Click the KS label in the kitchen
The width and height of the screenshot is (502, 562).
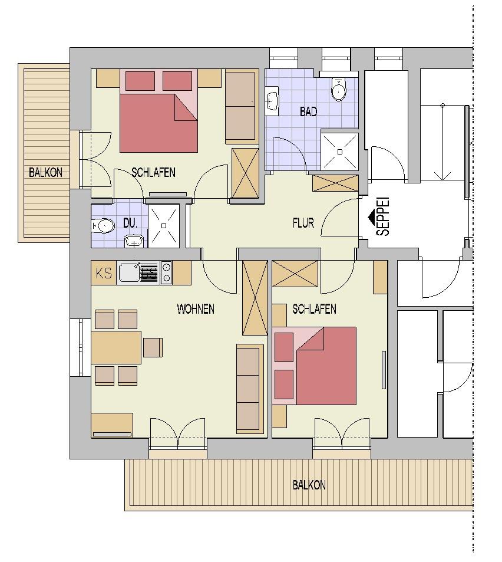tap(104, 273)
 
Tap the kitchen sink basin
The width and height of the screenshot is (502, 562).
tap(128, 273)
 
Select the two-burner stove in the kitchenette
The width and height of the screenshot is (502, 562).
tap(166, 273)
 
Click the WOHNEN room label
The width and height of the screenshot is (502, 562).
tap(196, 309)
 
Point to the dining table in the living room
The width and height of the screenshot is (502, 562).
tap(116, 347)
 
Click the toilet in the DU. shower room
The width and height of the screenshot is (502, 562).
tap(104, 226)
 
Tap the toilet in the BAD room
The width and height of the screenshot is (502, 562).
tap(338, 89)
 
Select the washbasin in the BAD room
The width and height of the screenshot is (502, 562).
tap(272, 101)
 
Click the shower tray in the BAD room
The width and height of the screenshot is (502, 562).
tap(339, 152)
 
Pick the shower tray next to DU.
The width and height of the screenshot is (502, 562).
tap(164, 226)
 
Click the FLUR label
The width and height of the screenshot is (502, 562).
tap(303, 224)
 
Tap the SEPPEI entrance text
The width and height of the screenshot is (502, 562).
tap(383, 217)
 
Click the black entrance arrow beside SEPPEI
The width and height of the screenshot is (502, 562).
tap(373, 216)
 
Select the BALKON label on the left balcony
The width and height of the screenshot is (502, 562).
tap(45, 173)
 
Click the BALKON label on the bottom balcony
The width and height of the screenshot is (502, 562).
tap(309, 485)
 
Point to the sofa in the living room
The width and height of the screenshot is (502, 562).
tap(250, 389)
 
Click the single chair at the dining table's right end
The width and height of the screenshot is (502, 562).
tap(153, 347)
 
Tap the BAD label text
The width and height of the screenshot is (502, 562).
tap(308, 112)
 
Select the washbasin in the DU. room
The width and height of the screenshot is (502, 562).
tap(134, 241)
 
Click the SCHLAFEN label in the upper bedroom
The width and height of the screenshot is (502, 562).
tap(154, 173)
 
